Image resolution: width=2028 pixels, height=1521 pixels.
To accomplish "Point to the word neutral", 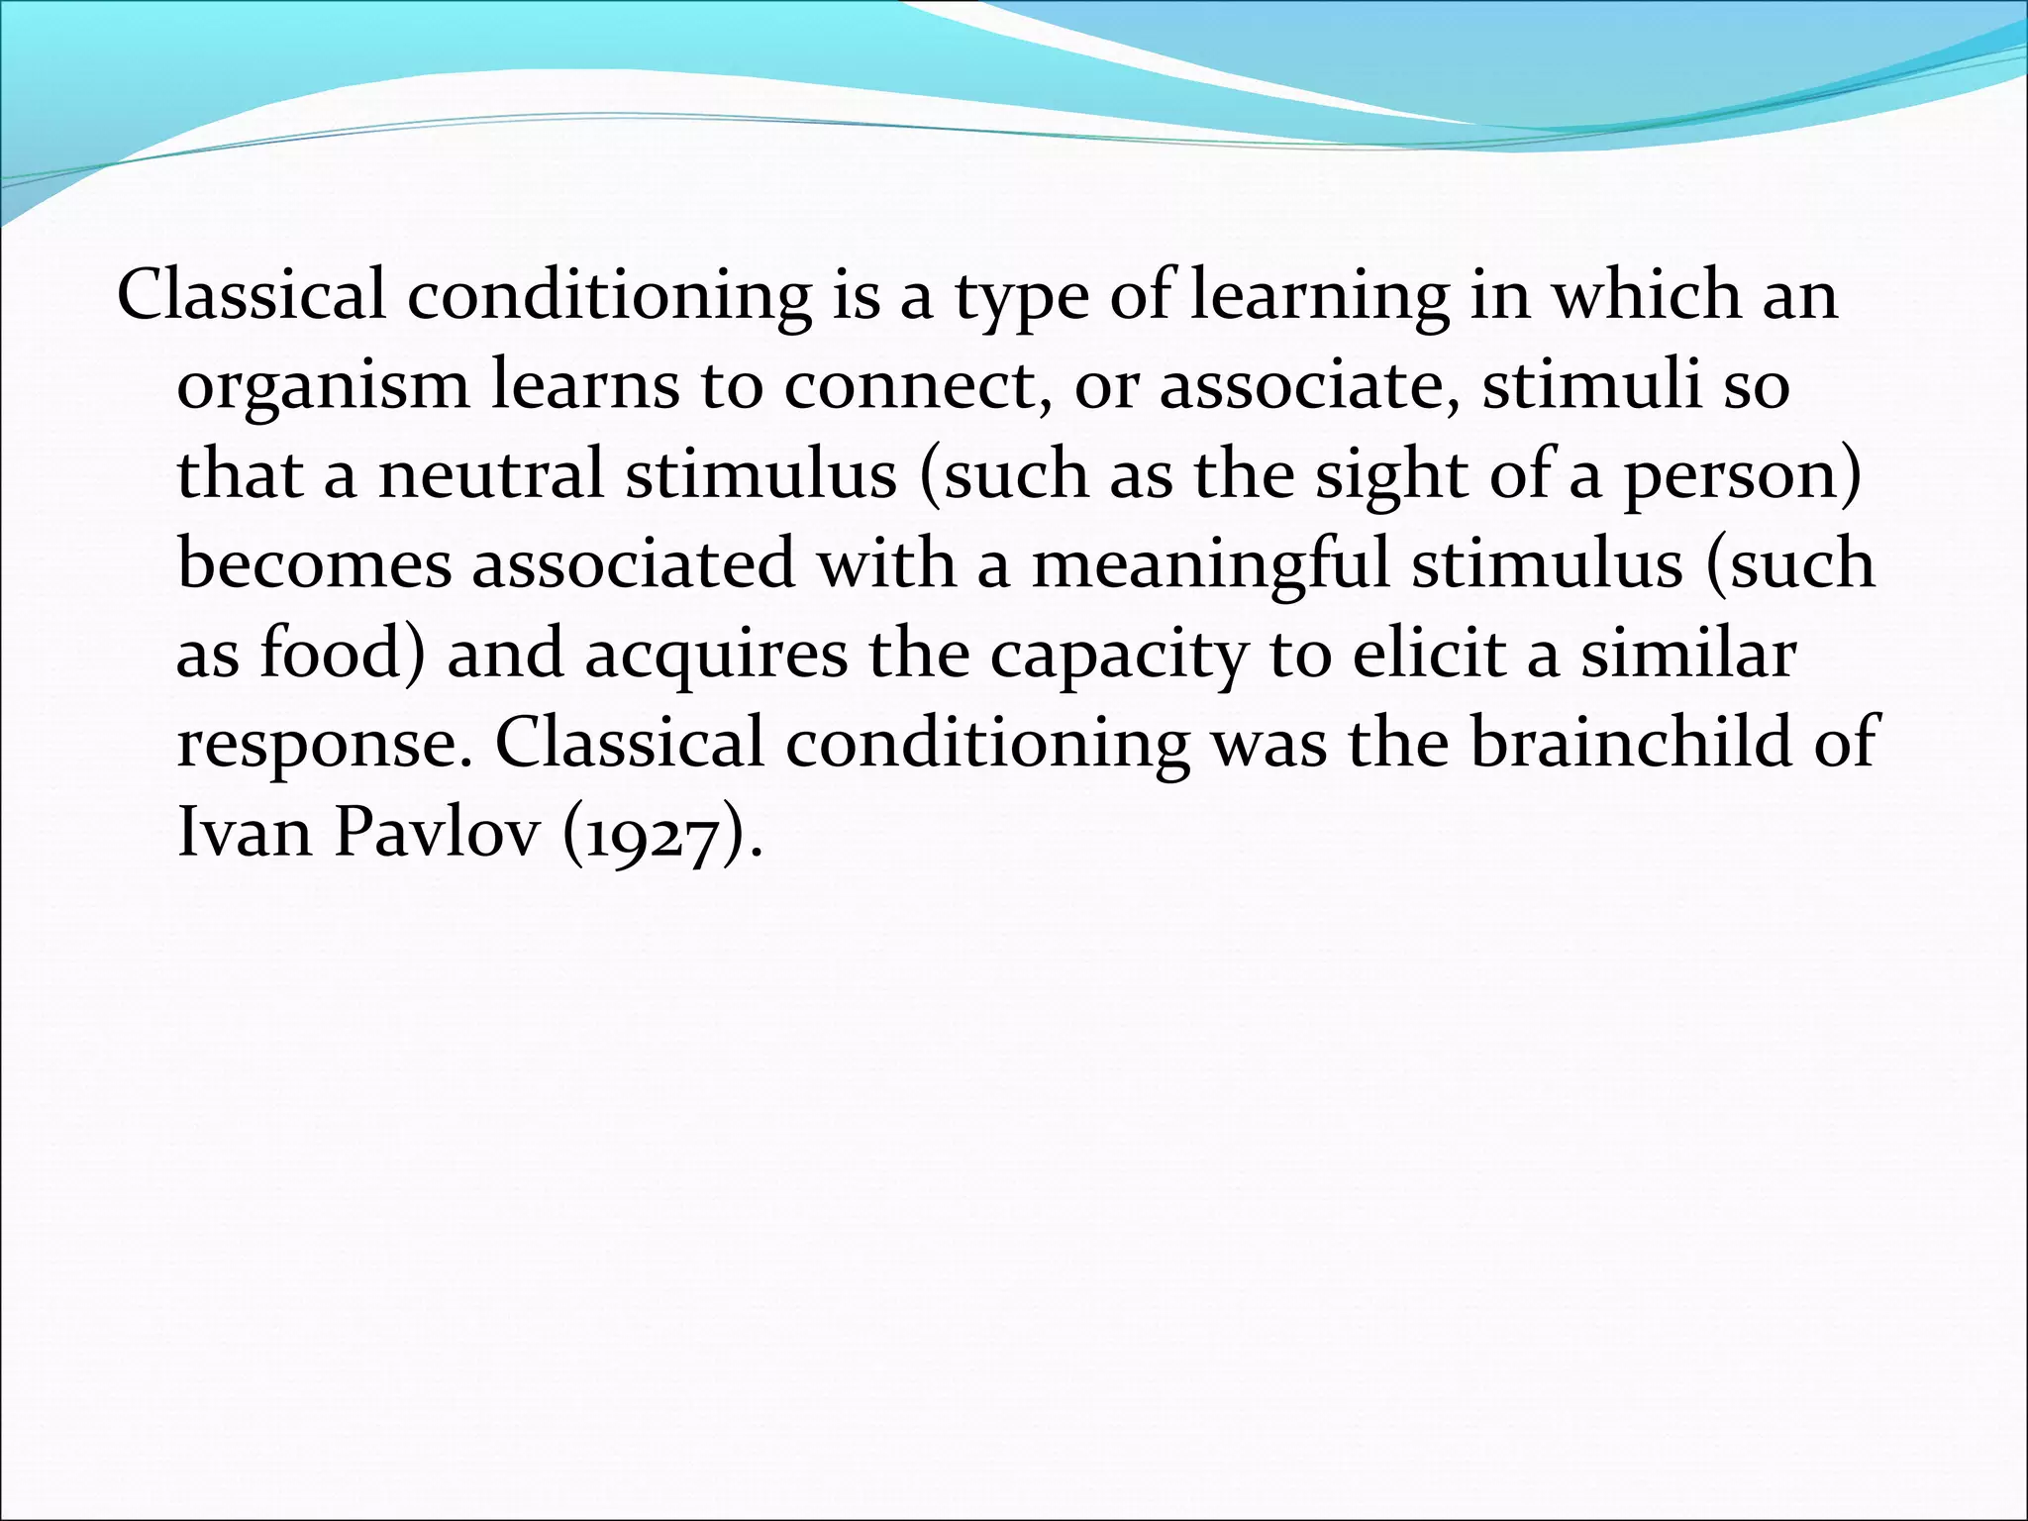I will click(x=491, y=475).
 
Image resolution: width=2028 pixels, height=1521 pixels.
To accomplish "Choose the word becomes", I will click(x=314, y=564).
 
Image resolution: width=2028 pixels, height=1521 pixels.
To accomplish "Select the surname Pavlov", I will click(x=437, y=832).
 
